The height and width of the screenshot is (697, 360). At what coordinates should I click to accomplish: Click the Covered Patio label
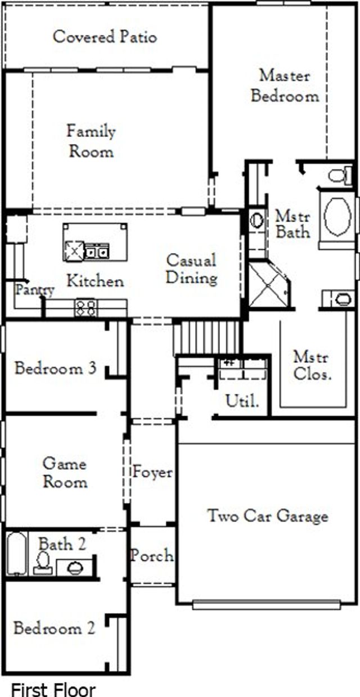[105, 37]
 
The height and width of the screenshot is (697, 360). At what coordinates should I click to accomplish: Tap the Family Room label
[91, 141]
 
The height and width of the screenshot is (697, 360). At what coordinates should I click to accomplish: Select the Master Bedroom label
[285, 86]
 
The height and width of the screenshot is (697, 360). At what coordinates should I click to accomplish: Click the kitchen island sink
[96, 251]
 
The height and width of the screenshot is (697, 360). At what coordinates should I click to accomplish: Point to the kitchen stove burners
[85, 308]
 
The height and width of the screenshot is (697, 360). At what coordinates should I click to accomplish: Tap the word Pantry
[34, 290]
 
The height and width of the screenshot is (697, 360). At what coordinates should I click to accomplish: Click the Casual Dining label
[191, 269]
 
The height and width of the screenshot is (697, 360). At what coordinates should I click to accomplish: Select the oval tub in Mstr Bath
[336, 216]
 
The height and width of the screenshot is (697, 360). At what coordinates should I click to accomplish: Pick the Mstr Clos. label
[312, 366]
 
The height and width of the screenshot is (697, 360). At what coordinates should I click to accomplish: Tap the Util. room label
[242, 402]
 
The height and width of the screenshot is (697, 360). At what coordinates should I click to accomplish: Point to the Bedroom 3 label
[55, 368]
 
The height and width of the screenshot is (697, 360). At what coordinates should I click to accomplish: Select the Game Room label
[65, 473]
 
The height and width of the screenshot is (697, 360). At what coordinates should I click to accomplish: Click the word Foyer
[152, 472]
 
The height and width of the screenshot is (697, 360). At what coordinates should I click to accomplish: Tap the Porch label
[152, 556]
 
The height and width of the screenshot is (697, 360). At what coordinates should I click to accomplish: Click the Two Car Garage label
[268, 516]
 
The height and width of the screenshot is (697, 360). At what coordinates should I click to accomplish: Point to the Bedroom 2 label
[54, 628]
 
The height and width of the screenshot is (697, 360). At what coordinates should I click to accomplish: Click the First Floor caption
[53, 689]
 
